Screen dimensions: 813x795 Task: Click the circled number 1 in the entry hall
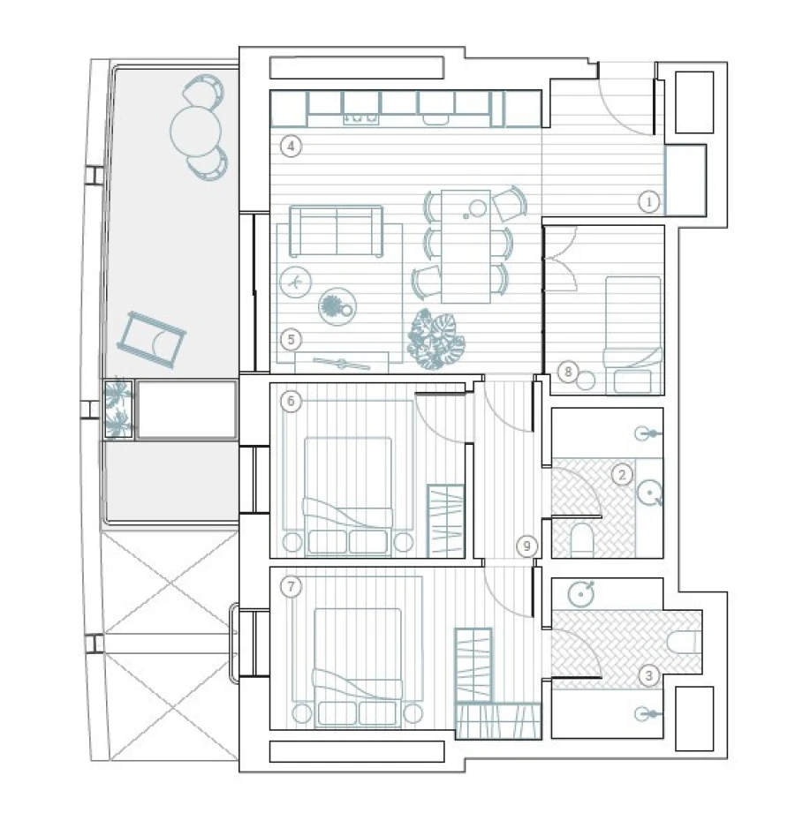tap(649, 202)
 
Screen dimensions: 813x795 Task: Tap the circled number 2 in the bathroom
tap(622, 475)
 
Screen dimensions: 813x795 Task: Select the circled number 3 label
tap(649, 677)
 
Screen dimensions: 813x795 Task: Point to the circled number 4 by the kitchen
tap(291, 147)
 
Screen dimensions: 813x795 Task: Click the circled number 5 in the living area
tap(291, 338)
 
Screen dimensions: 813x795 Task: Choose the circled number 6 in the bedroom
tap(291, 401)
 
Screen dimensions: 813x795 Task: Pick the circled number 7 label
tap(291, 585)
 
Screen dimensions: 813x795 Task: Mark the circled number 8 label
tap(570, 372)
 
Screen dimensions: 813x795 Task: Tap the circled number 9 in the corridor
tap(526, 546)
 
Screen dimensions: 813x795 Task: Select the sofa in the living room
tap(337, 231)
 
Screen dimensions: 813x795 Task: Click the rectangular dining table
tap(466, 245)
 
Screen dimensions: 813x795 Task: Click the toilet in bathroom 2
tap(584, 539)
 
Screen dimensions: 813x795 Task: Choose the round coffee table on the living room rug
tap(337, 306)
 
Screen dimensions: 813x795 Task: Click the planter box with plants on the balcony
tap(117, 409)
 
